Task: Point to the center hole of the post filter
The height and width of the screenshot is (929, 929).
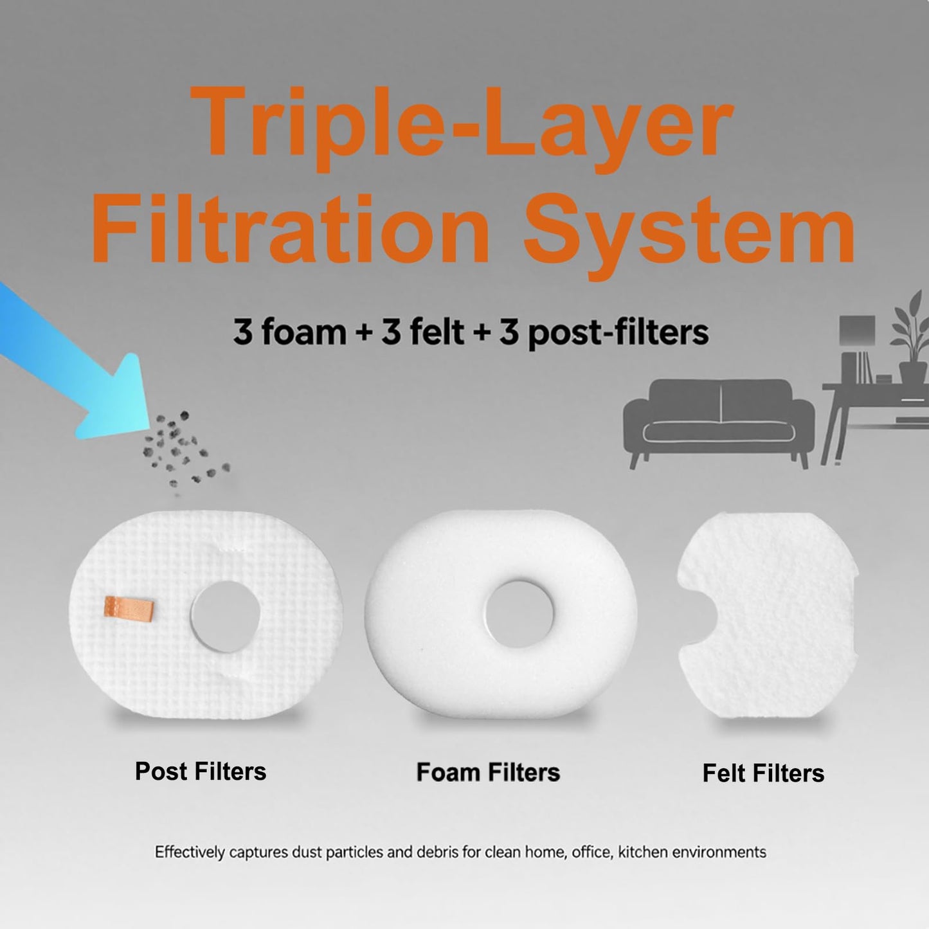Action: (225, 615)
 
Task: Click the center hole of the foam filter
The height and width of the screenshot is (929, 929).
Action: (519, 614)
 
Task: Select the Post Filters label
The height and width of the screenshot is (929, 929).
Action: (200, 771)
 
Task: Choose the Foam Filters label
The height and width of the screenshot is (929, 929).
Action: (488, 772)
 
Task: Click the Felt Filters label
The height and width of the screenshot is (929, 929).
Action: (762, 773)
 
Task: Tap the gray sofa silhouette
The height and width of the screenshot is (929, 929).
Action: (718, 418)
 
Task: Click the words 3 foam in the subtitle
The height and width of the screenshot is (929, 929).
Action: (289, 332)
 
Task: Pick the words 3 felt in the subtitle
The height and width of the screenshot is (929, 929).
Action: (422, 332)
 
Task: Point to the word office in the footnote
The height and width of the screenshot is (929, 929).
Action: (592, 852)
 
